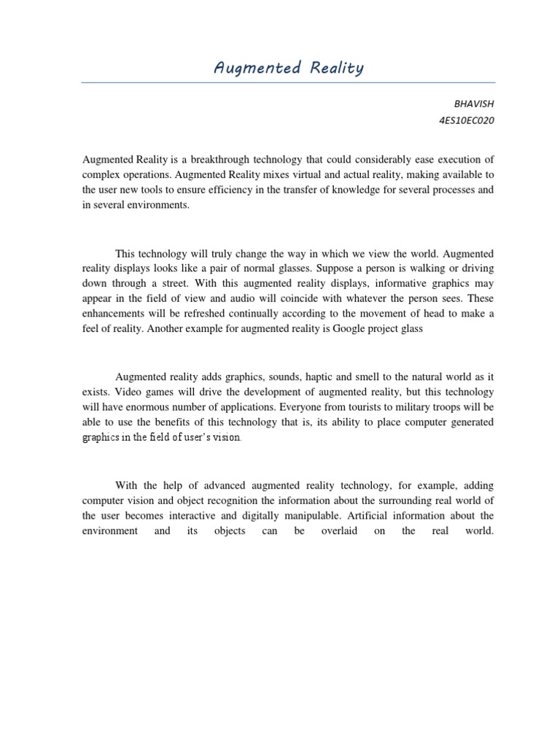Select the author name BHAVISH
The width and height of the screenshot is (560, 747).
[x=475, y=104]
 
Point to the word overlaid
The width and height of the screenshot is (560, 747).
[x=340, y=531]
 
